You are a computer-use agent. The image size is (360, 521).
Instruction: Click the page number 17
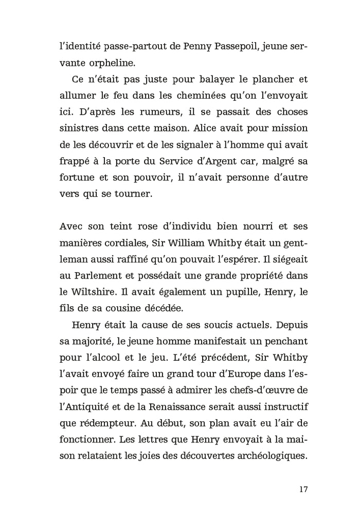tap(302, 489)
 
